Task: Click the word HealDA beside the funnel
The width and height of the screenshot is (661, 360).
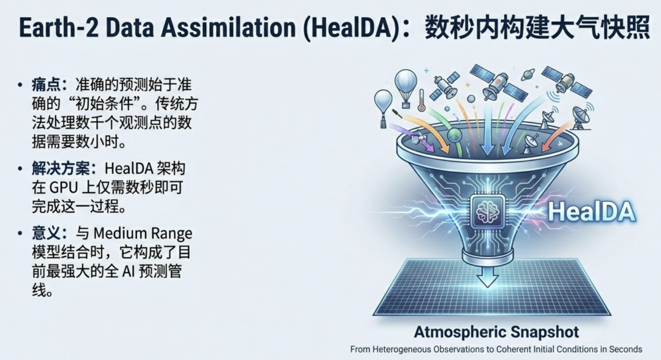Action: pyautogui.click(x=591, y=211)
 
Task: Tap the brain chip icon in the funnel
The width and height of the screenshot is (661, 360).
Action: pyautogui.click(x=487, y=212)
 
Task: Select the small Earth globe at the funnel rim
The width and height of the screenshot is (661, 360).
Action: pyautogui.click(x=455, y=135)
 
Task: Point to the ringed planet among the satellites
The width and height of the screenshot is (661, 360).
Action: pyautogui.click(x=528, y=75)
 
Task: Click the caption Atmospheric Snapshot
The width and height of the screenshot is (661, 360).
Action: pyautogui.click(x=496, y=332)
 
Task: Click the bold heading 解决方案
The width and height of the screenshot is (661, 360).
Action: pyautogui.click(x=61, y=168)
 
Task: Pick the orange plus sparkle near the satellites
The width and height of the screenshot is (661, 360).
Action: pyautogui.click(x=468, y=84)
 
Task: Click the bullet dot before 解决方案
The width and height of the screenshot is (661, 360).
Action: pyautogui.click(x=20, y=168)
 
